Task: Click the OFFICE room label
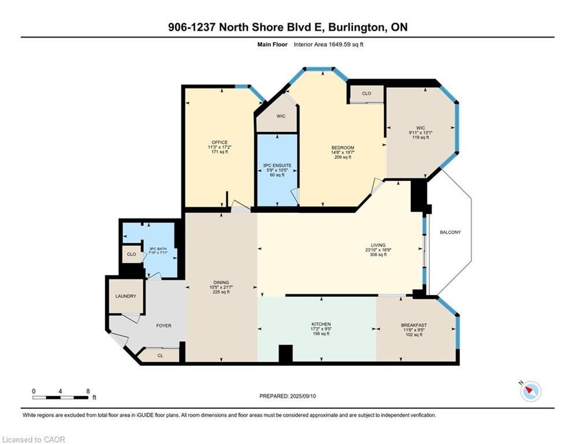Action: tap(220, 142)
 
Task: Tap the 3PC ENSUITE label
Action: tap(277, 165)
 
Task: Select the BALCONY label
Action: tap(450, 232)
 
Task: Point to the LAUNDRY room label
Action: tap(126, 296)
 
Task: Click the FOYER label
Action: tap(164, 325)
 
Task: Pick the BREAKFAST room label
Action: tap(414, 325)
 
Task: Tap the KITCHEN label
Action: tap(321, 324)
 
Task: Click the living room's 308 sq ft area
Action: tap(378, 254)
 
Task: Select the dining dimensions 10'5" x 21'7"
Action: tap(221, 287)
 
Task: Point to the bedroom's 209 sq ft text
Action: tap(343, 157)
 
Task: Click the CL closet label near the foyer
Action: tap(160, 356)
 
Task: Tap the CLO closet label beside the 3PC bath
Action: tap(131, 254)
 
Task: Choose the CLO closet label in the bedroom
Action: tap(367, 94)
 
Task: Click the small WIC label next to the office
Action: tap(281, 116)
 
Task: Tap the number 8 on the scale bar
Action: tap(88, 391)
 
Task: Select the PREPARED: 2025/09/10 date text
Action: tap(288, 396)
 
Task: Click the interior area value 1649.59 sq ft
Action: tap(346, 45)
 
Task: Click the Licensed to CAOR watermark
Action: tap(34, 439)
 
